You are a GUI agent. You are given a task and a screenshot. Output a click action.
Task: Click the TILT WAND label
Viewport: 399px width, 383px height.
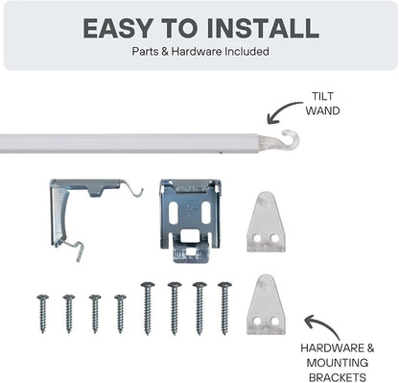[x=322, y=104]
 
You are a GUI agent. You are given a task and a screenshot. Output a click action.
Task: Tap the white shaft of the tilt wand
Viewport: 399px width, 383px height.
[x=129, y=144]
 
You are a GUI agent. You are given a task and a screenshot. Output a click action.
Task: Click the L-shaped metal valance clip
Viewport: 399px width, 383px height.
[x=64, y=204]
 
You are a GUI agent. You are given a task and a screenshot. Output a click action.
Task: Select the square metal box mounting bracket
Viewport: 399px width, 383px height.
[x=191, y=220]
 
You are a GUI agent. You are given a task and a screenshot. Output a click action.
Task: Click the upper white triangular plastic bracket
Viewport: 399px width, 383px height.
[x=266, y=222]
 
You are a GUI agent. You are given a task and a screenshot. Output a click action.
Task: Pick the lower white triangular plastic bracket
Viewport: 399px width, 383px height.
[x=266, y=304]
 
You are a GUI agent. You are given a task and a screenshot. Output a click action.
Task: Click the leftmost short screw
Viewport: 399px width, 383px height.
[x=42, y=314]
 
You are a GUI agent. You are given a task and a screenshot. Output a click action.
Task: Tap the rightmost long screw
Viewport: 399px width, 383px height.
[x=224, y=308]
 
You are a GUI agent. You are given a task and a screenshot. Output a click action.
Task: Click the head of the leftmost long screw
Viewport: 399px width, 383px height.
[x=148, y=285]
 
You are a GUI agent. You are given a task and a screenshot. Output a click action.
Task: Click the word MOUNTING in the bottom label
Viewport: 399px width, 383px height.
[x=338, y=363]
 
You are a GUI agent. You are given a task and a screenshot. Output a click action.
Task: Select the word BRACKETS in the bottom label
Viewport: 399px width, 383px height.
[x=338, y=377]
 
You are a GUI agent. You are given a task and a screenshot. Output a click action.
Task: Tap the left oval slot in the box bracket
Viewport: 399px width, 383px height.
[x=173, y=213]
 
